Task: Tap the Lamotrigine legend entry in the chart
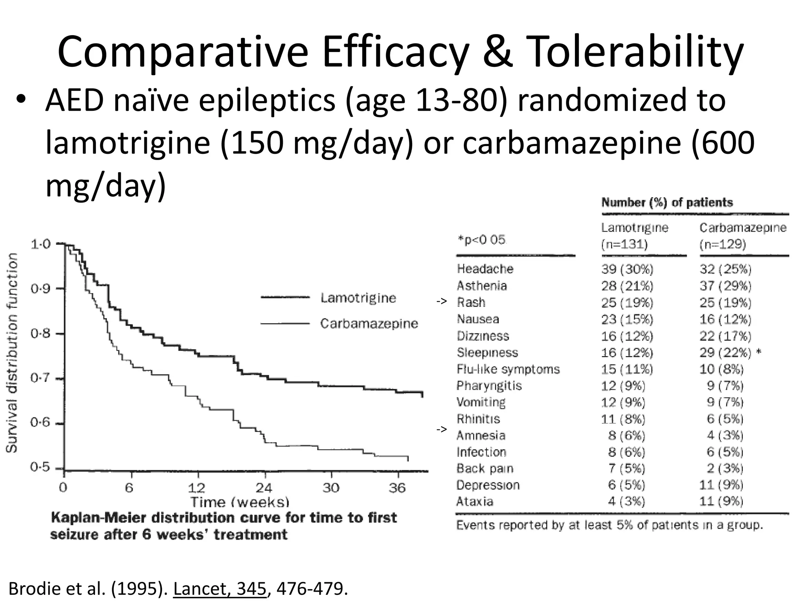tap(358, 298)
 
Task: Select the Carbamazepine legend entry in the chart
tap(369, 324)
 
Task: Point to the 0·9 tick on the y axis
tap(41, 289)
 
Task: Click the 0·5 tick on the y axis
tap(41, 468)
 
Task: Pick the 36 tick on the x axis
tap(397, 488)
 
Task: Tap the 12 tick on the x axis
tap(196, 488)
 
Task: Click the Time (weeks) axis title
tap(240, 502)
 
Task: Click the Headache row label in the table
tap(485, 269)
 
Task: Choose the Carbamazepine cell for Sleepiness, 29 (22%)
tap(726, 353)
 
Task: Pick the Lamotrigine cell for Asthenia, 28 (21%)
tap(627, 286)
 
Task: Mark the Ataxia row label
tap(474, 502)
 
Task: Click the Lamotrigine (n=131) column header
tap(634, 236)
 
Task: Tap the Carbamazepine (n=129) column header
tap(742, 236)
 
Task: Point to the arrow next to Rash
tap(442, 302)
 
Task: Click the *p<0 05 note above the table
tap(481, 239)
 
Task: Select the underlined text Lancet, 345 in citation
tap(220, 588)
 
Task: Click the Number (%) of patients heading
tap(667, 203)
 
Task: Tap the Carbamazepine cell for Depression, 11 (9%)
tap(721, 485)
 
